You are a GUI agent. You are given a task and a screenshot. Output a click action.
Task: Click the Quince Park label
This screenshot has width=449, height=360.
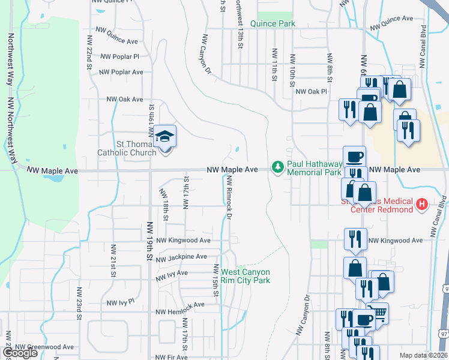pos(273,23)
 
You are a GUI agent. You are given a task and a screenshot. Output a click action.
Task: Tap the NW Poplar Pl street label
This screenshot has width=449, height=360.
pos(120,56)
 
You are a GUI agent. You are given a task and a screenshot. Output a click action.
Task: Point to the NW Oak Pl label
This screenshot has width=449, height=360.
pos(311,92)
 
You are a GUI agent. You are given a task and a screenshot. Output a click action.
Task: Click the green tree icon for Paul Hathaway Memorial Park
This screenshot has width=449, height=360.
pos(277,166)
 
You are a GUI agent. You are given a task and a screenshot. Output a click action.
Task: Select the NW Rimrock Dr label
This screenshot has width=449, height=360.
pos(229,197)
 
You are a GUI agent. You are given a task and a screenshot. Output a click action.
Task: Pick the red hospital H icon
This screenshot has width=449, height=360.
pos(422,205)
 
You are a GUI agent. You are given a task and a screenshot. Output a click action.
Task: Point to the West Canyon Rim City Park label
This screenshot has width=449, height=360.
pos(246,276)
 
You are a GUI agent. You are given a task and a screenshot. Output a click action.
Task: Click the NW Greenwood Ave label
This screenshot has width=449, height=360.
pos(44,347)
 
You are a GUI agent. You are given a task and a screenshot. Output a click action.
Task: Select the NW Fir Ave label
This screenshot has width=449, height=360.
pos(172,357)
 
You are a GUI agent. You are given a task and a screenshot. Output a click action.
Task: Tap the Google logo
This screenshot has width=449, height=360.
pos(20,353)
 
